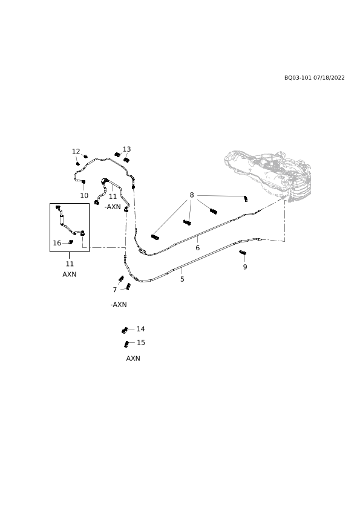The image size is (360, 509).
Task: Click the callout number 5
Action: [x=182, y=279]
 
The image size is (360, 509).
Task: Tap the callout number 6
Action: [x=197, y=248]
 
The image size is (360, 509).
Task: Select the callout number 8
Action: [x=192, y=195]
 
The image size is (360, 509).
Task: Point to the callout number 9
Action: [x=245, y=267]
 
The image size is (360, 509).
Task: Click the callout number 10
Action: [x=84, y=196]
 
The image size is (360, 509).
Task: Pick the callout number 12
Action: [x=76, y=152]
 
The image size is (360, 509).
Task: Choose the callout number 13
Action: [x=126, y=149]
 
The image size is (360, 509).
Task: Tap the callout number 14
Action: [x=141, y=329]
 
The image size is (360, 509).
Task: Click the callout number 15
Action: [x=141, y=343]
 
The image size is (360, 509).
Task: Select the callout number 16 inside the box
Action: [x=57, y=243]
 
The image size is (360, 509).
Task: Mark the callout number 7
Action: [x=115, y=290]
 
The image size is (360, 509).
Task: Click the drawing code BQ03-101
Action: [x=298, y=78]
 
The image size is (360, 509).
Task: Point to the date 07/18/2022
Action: [x=329, y=78]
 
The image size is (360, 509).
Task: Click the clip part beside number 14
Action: [x=125, y=330]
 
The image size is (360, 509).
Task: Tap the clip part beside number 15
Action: [x=126, y=344]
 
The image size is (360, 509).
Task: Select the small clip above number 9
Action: [x=243, y=253]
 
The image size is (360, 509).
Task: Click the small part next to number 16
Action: [x=71, y=242]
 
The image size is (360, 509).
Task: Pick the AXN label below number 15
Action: [x=133, y=358]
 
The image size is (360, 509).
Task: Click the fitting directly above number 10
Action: [x=83, y=181]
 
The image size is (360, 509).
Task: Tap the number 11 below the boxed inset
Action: [x=70, y=264]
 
